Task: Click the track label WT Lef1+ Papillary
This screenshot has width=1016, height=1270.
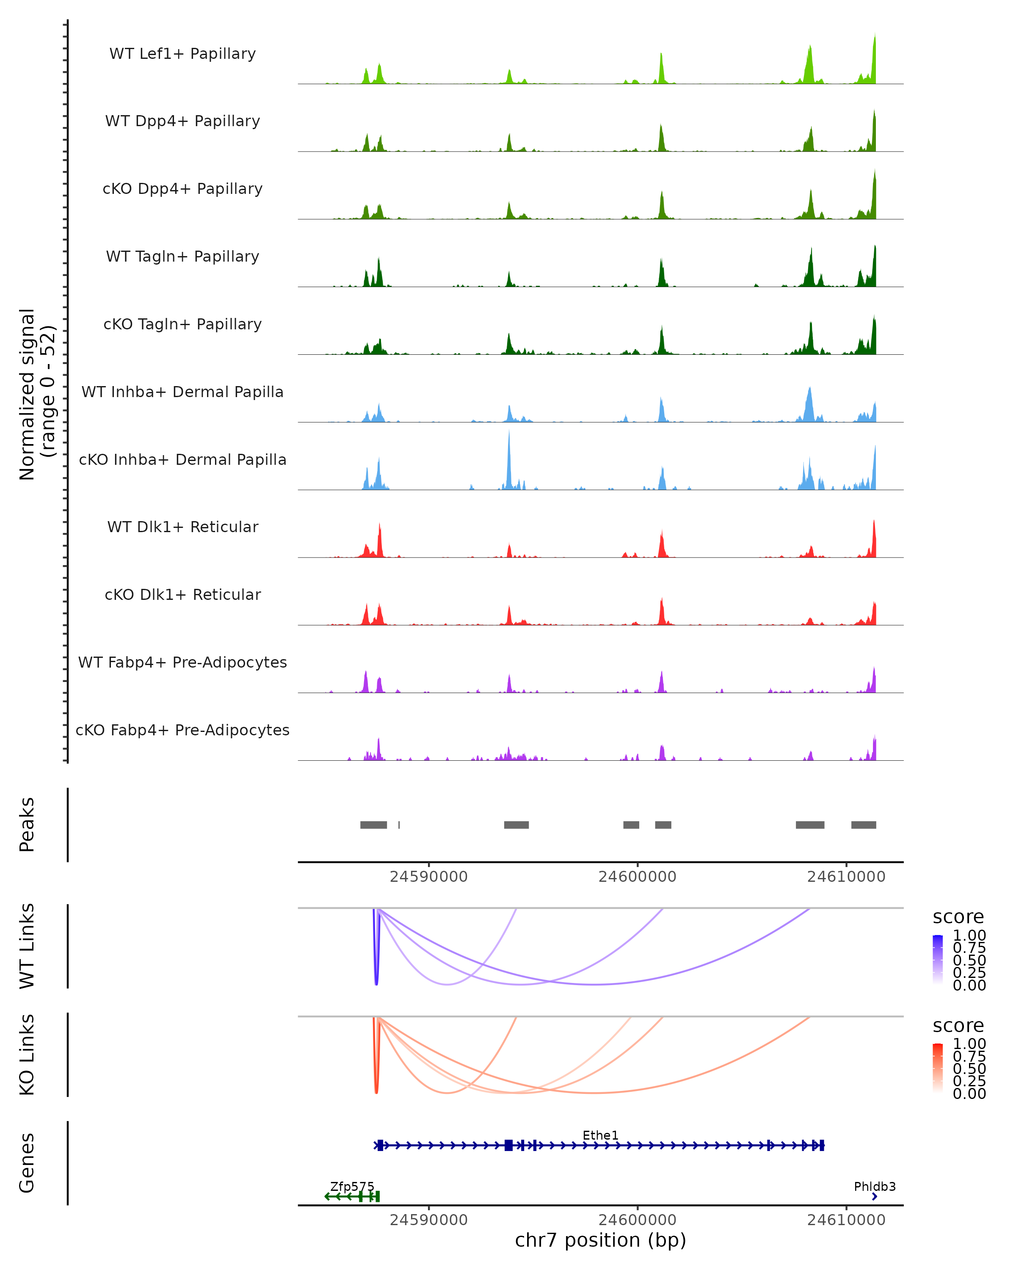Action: (x=182, y=54)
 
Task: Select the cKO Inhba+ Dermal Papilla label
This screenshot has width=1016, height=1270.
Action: (x=182, y=459)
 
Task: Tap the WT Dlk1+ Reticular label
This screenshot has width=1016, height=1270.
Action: (x=182, y=527)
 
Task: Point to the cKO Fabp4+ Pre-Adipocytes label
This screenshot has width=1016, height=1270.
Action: (x=182, y=730)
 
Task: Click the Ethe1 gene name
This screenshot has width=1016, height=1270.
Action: (x=600, y=1135)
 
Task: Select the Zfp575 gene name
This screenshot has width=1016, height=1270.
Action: (x=352, y=1186)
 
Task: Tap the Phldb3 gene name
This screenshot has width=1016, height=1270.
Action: (x=875, y=1186)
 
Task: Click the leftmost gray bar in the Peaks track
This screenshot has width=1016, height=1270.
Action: (x=373, y=825)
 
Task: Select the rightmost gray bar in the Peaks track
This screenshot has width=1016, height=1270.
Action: (x=864, y=825)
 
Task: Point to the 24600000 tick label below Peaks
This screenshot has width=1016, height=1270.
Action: (x=637, y=877)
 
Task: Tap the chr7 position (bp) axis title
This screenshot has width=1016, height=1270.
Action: (x=600, y=1240)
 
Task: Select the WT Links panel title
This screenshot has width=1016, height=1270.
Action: (x=27, y=946)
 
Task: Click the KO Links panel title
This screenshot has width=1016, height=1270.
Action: (x=27, y=1055)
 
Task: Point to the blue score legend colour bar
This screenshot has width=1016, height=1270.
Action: (x=938, y=960)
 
